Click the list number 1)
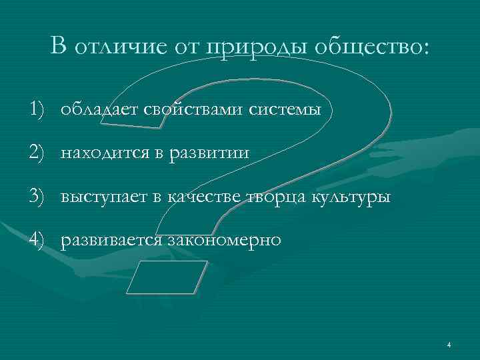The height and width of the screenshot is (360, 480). pyautogui.click(x=39, y=109)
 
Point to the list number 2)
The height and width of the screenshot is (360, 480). pyautogui.click(x=39, y=153)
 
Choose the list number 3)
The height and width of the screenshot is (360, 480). pyautogui.click(x=39, y=197)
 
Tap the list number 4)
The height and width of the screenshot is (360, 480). pyautogui.click(x=39, y=241)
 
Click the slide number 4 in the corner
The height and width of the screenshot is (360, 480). pyautogui.click(x=449, y=345)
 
